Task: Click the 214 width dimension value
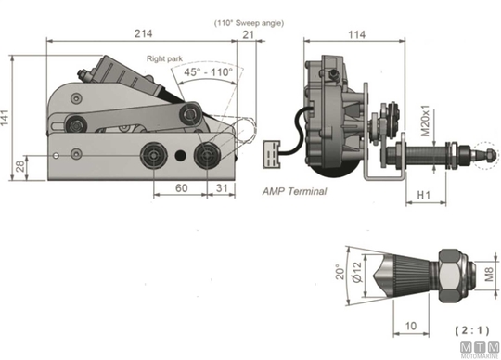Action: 143,33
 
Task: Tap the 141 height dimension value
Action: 5,118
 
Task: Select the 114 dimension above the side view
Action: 356,34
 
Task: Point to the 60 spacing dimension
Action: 181,187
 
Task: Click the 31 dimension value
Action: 222,187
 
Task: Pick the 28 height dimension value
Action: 19,166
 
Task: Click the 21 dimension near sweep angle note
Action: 248,34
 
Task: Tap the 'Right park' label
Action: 164,58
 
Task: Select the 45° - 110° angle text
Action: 209,71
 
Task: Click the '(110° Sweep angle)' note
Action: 249,23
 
